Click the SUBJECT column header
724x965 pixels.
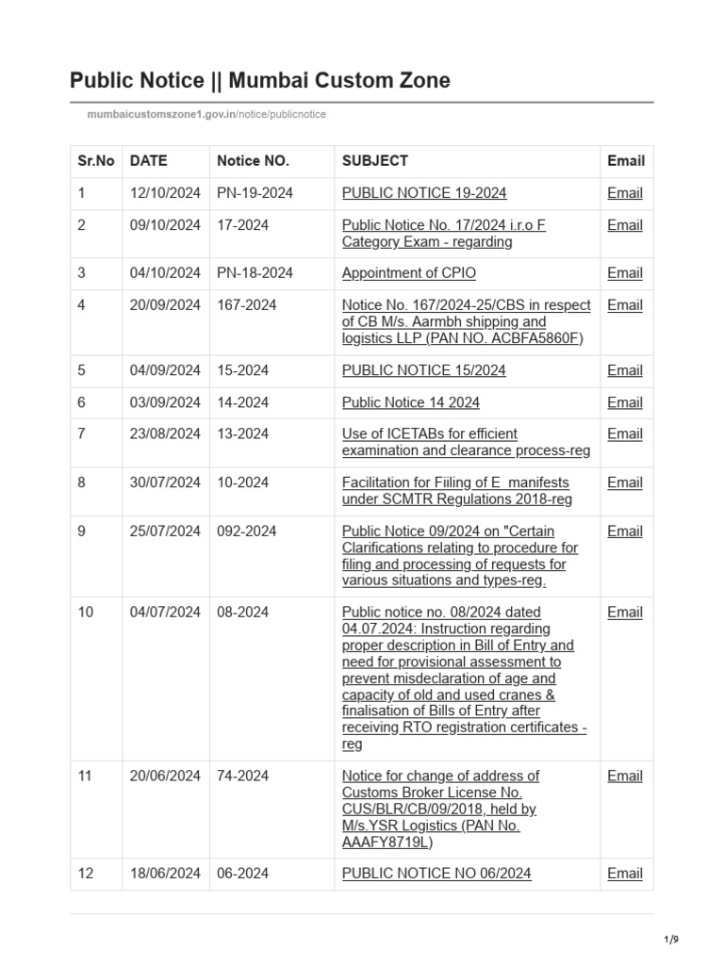click(x=374, y=161)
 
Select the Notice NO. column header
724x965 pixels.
click(x=253, y=161)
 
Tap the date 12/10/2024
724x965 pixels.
click(x=165, y=193)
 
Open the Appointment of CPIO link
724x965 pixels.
click(x=408, y=273)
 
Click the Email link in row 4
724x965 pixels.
click(x=625, y=305)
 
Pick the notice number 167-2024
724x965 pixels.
click(x=247, y=305)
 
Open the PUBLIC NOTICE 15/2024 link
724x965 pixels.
click(x=423, y=370)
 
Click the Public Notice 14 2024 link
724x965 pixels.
click(x=410, y=402)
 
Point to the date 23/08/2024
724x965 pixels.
click(x=165, y=434)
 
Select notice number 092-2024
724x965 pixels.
click(x=247, y=532)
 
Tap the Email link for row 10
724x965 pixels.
click(x=625, y=613)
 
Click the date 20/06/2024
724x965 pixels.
click(x=165, y=777)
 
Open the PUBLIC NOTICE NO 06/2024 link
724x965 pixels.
click(x=436, y=874)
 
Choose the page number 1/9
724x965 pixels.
click(x=672, y=940)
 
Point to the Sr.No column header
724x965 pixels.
click(x=96, y=161)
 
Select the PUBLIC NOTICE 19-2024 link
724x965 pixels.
click(x=423, y=193)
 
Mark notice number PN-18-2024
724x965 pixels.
click(x=255, y=273)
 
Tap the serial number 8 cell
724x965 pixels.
click(x=82, y=482)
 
